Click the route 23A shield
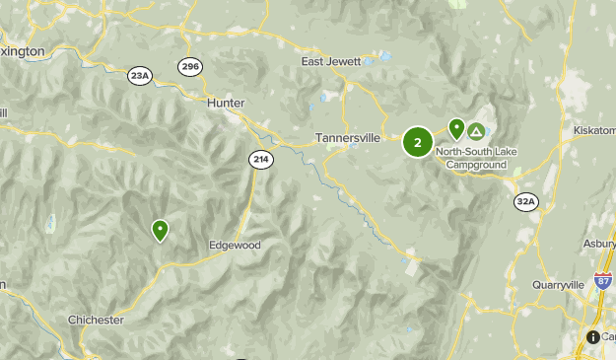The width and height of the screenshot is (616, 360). point(140,75)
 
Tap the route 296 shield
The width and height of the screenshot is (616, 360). point(190,67)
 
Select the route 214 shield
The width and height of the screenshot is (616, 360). point(260,159)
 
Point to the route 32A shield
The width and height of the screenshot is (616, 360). point(526,202)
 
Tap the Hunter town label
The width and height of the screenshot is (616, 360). point(226,103)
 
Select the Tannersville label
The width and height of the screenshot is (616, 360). point(348,138)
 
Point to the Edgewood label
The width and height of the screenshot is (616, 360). point(234,245)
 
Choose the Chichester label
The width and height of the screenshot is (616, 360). point(96,320)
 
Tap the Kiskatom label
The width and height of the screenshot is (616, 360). point(594,130)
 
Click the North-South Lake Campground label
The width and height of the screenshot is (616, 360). point(475,159)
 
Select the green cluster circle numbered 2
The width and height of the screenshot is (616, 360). point(418,142)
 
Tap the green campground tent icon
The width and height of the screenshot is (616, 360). point(477,130)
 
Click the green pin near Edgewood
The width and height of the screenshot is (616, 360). point(160,230)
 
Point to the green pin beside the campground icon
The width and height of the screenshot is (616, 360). point(456,128)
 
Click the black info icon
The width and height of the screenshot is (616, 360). point(592,337)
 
